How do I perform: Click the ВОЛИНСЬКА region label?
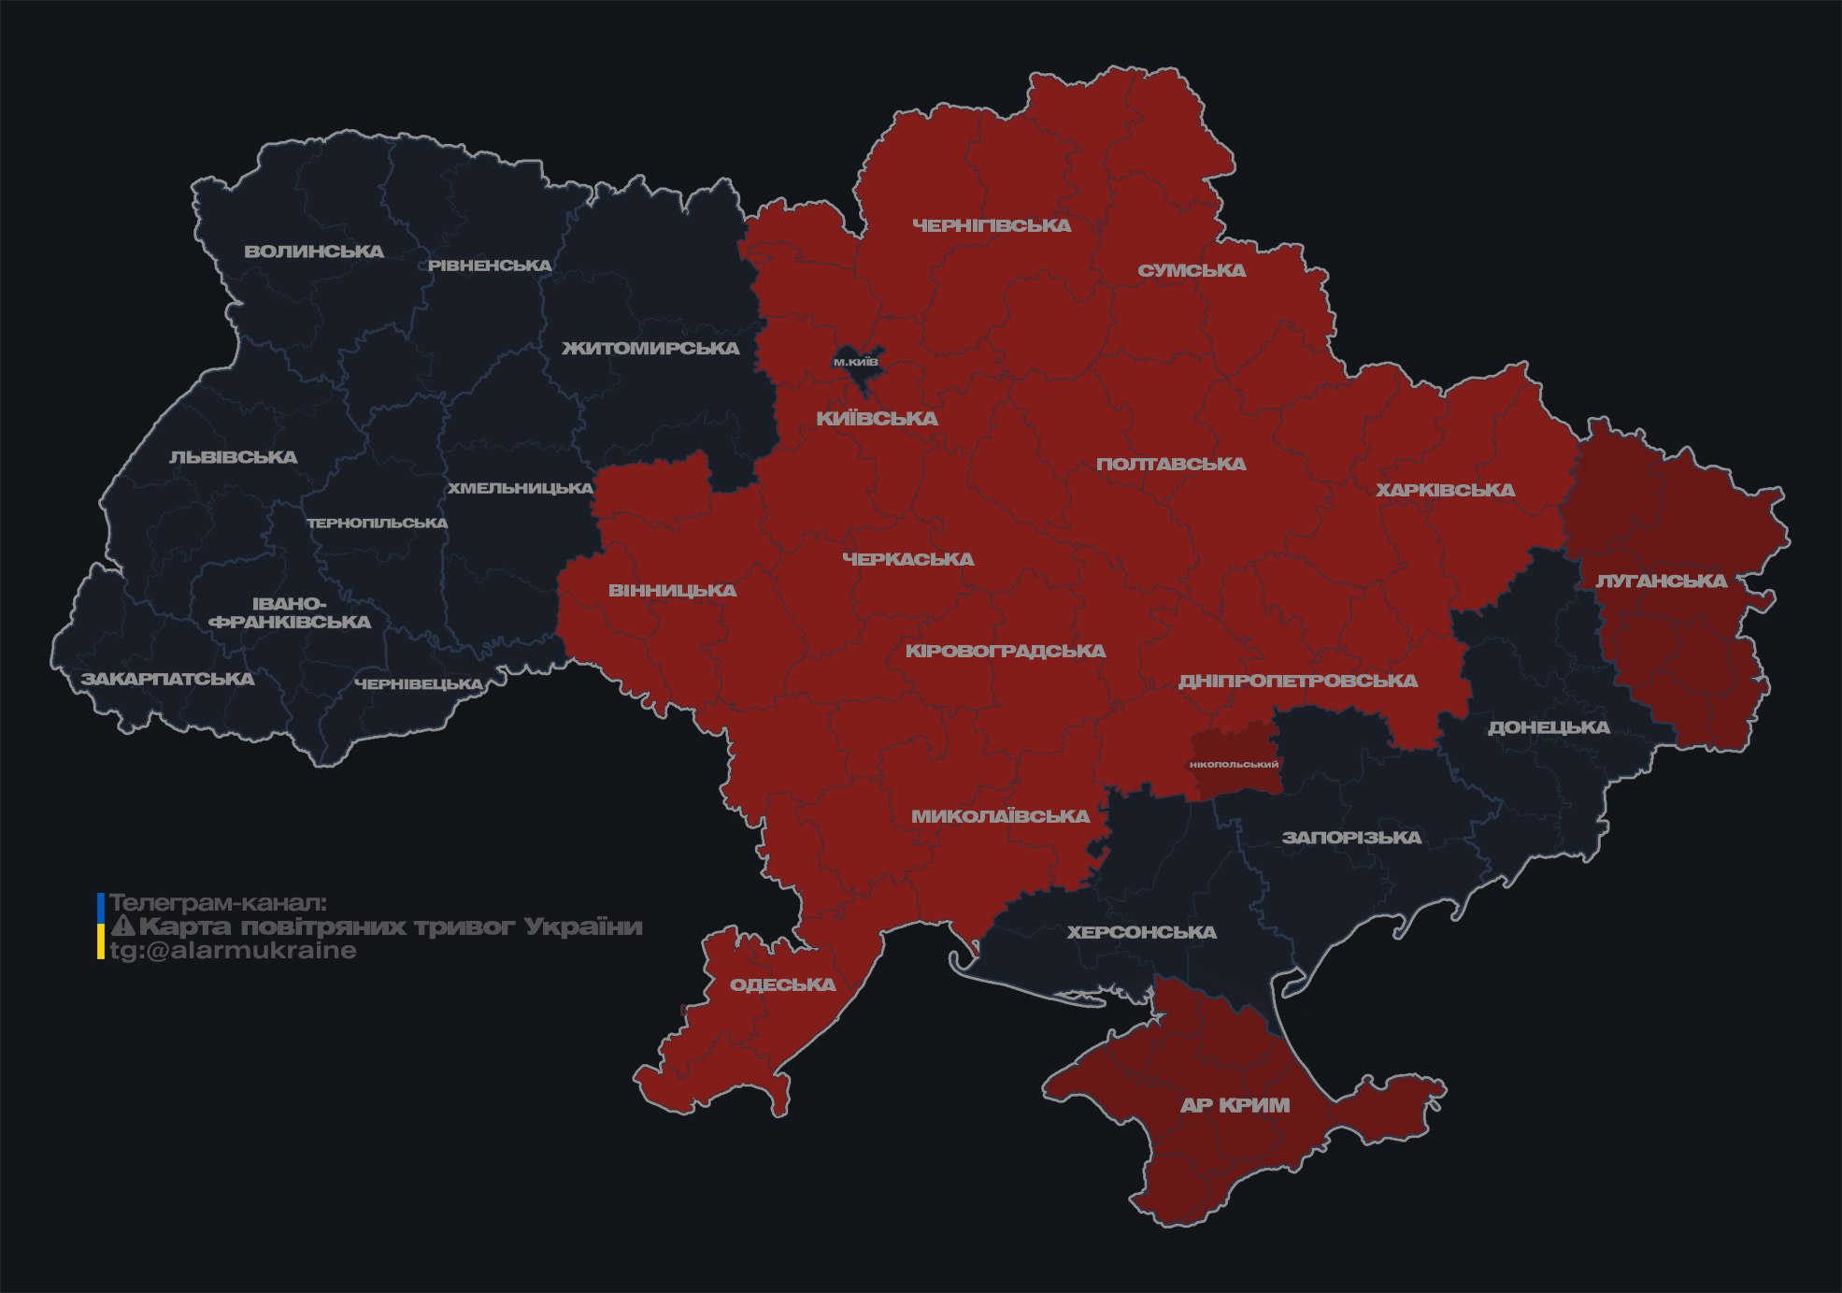(x=314, y=251)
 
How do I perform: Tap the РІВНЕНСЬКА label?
(x=490, y=266)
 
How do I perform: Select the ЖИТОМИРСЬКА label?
(x=650, y=349)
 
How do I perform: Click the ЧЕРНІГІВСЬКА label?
(x=992, y=225)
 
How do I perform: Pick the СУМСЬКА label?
(x=1192, y=270)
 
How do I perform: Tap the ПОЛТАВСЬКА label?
(x=1171, y=464)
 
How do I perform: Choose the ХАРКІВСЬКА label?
(x=1445, y=490)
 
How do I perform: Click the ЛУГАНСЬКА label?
(x=1661, y=581)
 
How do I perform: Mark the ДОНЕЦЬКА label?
(x=1549, y=727)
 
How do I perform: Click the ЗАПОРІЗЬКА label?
(x=1351, y=838)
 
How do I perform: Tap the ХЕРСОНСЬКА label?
(x=1141, y=932)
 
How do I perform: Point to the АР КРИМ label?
(x=1235, y=1105)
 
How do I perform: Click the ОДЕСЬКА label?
(x=782, y=984)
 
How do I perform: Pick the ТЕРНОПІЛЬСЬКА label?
(x=378, y=523)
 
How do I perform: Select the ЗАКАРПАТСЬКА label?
(x=167, y=679)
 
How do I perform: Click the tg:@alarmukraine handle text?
(x=233, y=951)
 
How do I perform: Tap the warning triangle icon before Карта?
(x=123, y=927)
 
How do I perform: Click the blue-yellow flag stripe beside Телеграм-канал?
(x=101, y=927)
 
